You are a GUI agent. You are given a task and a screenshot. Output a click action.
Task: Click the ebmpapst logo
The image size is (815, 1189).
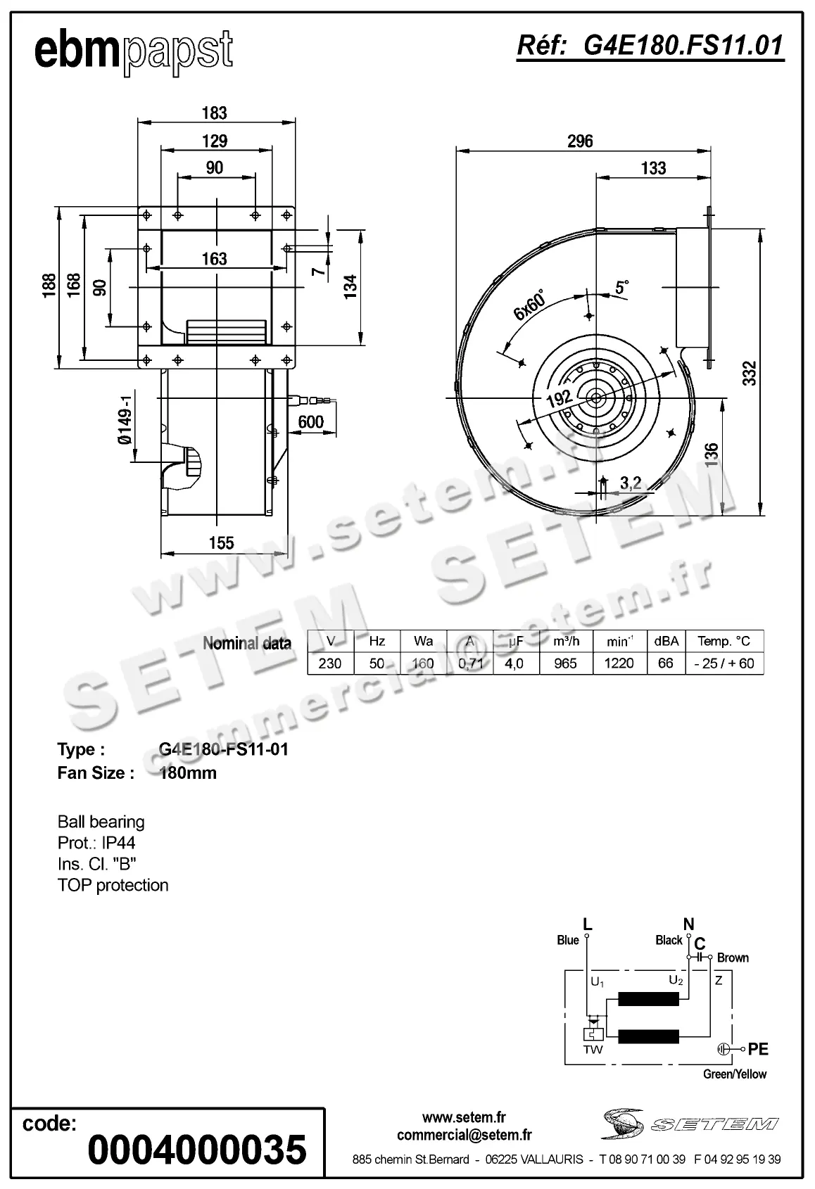pyautogui.click(x=133, y=51)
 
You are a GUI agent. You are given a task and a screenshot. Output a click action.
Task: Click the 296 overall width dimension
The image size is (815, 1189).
pyautogui.click(x=580, y=141)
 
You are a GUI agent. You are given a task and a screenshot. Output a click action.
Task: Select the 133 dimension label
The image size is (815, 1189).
pyautogui.click(x=653, y=168)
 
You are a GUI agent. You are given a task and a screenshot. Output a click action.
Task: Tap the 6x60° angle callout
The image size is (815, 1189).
pyautogui.click(x=530, y=305)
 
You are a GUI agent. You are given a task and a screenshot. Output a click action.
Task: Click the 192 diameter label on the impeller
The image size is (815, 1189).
pyautogui.click(x=559, y=399)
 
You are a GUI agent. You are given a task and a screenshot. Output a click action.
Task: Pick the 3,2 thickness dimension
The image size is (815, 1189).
pyautogui.click(x=631, y=483)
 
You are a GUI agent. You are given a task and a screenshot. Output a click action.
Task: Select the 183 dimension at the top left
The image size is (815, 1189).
pyautogui.click(x=214, y=113)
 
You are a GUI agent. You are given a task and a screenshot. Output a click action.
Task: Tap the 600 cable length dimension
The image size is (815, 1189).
pyautogui.click(x=310, y=421)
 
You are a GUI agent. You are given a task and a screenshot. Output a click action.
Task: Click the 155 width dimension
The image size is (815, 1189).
pyautogui.click(x=221, y=543)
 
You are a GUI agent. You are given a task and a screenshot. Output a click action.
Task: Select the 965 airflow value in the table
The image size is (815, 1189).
pyautogui.click(x=565, y=663)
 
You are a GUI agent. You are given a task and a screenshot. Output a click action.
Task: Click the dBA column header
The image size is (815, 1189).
pyautogui.click(x=666, y=641)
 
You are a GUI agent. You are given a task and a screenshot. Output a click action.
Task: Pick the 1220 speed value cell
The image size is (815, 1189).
pyautogui.click(x=619, y=663)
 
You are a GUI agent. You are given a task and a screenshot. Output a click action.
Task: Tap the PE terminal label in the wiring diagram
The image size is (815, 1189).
pyautogui.click(x=757, y=1049)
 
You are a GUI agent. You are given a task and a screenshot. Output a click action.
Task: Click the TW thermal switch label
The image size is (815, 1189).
pyautogui.click(x=593, y=1050)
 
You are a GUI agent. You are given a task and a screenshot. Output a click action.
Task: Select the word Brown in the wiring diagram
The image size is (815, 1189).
pyautogui.click(x=733, y=958)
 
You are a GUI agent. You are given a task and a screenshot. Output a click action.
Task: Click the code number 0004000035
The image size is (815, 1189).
pyautogui.click(x=198, y=1150)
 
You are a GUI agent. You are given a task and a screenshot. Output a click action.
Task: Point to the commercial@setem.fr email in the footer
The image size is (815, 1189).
pyautogui.click(x=464, y=1135)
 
